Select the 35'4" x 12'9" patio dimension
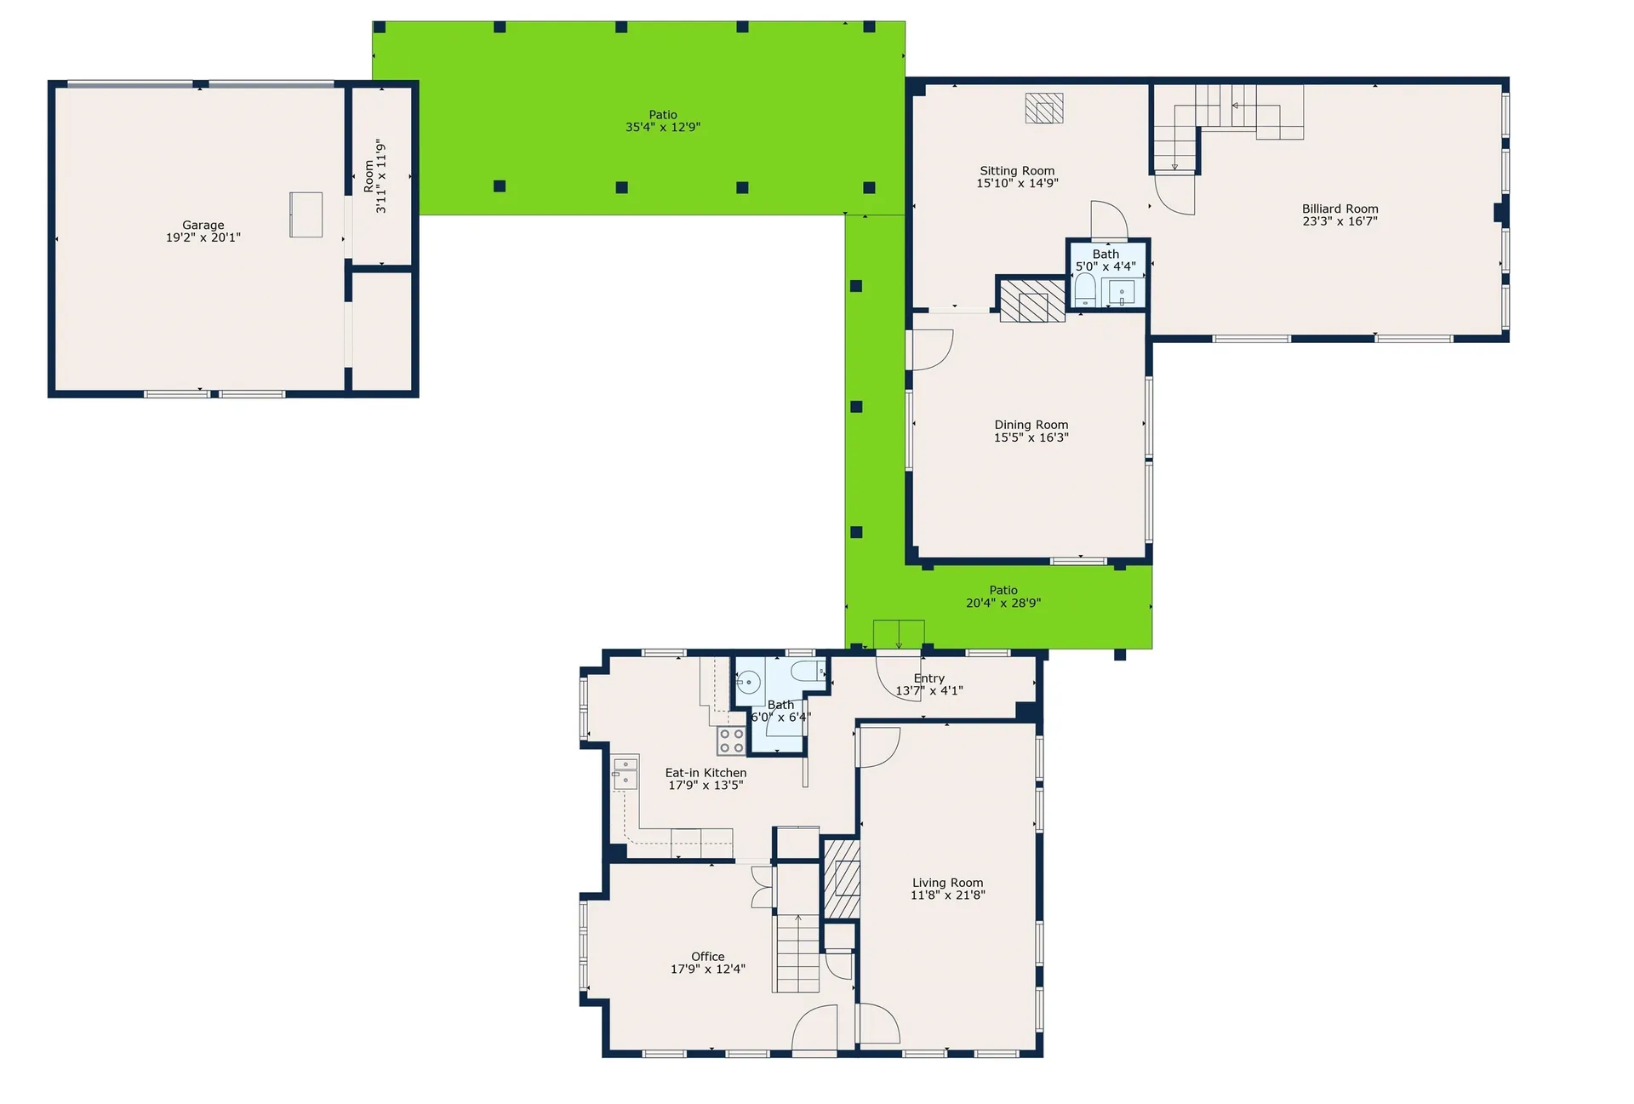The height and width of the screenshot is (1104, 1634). (663, 128)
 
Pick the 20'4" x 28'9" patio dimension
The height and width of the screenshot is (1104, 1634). (1003, 603)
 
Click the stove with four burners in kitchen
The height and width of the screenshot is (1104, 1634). (731, 741)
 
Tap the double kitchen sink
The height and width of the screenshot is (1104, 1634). (626, 772)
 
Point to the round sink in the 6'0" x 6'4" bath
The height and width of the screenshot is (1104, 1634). (748, 683)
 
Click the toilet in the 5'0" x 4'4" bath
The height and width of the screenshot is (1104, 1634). (1085, 292)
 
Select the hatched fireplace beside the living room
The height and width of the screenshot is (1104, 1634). (842, 879)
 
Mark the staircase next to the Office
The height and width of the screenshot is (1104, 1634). (797, 953)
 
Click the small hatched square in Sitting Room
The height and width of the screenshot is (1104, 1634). (1043, 108)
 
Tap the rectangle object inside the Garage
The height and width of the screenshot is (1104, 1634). (306, 215)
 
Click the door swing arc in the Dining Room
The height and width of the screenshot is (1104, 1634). (932, 349)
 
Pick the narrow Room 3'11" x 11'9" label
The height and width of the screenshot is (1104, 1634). (375, 176)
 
